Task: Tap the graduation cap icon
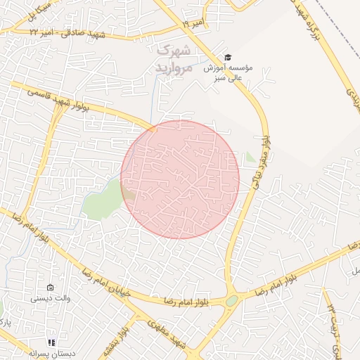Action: pyautogui.click(x=227, y=57)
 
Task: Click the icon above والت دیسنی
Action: pyautogui.click(x=50, y=287)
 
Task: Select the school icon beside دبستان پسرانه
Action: pyautogui.click(x=51, y=342)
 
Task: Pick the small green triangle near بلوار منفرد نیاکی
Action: pyautogui.click(x=250, y=157)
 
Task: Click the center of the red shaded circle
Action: pyautogui.click(x=180, y=179)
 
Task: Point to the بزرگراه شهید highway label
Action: pyautogui.click(x=312, y=25)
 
